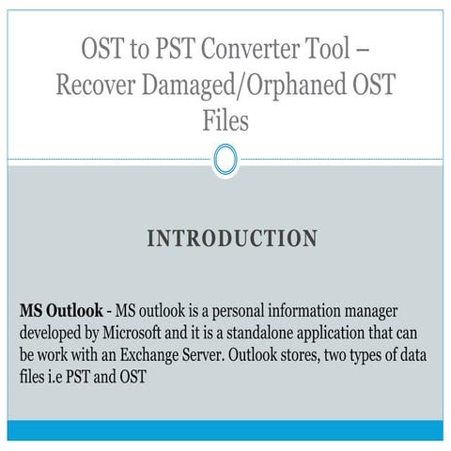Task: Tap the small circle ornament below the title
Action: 225,159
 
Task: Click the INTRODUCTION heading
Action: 232,239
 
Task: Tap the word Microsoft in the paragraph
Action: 134,334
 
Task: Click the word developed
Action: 52,334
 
